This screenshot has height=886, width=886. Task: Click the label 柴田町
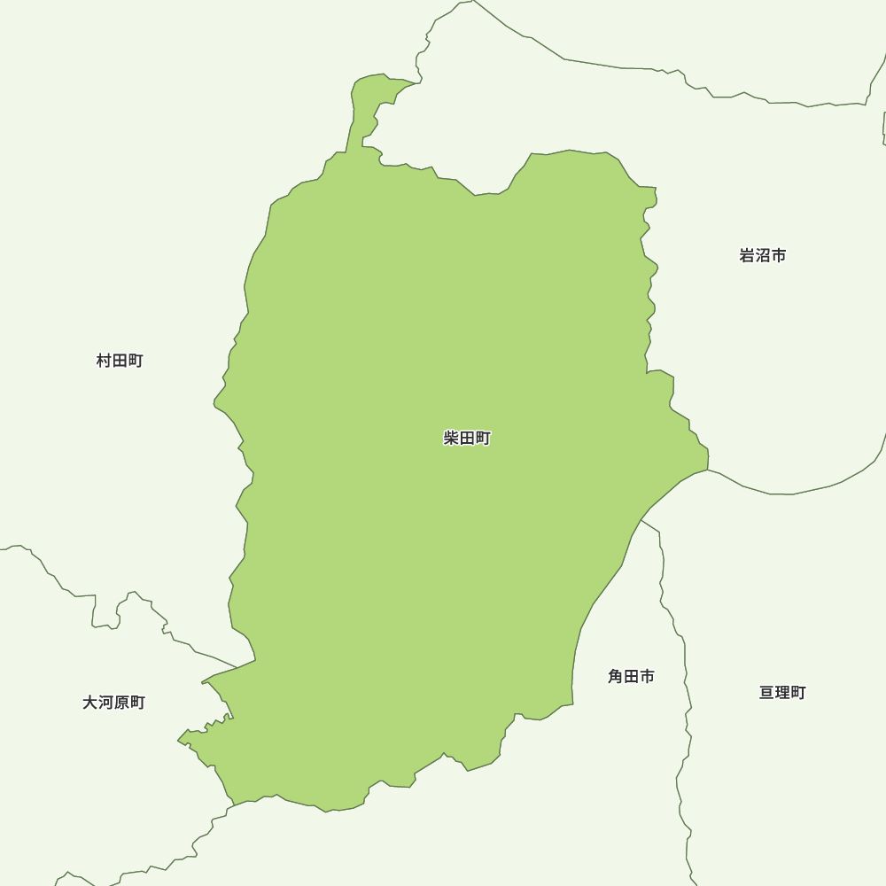(467, 438)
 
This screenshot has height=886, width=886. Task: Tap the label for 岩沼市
(763, 255)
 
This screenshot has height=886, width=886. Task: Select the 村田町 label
(120, 361)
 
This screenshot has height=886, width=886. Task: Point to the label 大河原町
(113, 703)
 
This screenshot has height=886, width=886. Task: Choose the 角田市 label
(631, 676)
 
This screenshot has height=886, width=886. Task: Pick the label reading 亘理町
(782, 693)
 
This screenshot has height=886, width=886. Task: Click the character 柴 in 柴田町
(452, 438)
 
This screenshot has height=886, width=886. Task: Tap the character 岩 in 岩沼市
(747, 255)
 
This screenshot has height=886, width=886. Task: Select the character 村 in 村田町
(105, 361)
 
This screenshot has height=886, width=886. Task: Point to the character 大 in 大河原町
(89, 703)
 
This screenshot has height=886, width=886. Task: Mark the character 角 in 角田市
(616, 676)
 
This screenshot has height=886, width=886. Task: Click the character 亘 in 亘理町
(767, 693)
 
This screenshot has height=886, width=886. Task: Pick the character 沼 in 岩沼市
(763, 255)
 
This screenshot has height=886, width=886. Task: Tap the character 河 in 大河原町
(105, 703)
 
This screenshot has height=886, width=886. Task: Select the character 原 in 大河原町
(121, 703)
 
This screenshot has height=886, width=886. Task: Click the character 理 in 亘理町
(782, 693)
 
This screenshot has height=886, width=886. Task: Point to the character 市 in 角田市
(647, 676)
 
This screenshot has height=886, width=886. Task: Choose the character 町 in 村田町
(135, 361)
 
